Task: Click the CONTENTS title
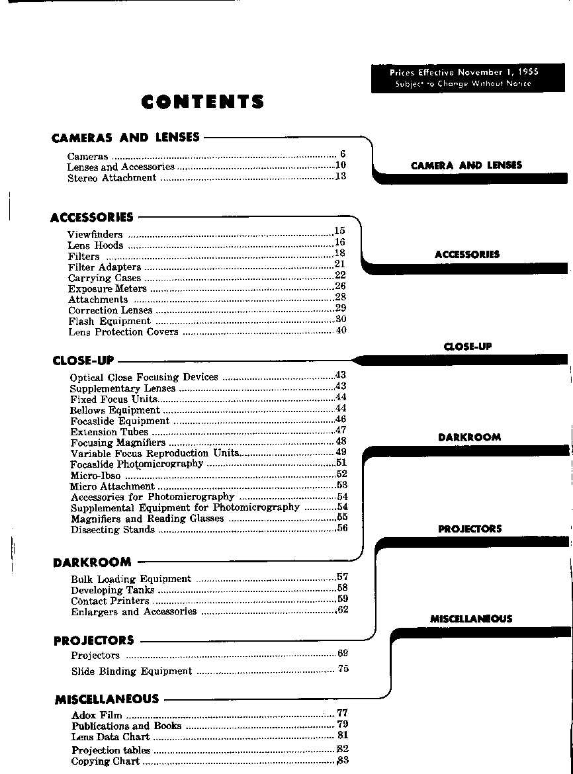(x=202, y=102)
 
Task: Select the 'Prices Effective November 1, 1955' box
(x=463, y=78)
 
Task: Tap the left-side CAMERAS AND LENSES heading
(x=125, y=138)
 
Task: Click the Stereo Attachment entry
(x=112, y=178)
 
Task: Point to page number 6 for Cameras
(x=343, y=154)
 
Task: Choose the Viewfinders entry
(x=95, y=234)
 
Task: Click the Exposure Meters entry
(x=107, y=288)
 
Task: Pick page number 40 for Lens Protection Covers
(x=341, y=330)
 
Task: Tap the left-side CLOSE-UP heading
(x=83, y=361)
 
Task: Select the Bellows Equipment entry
(x=114, y=410)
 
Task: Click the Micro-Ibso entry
(x=95, y=475)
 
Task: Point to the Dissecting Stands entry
(x=112, y=529)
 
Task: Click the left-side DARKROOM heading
(x=92, y=562)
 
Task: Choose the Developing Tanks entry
(x=112, y=589)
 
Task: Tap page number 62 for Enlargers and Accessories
(x=342, y=610)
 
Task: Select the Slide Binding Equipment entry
(x=131, y=671)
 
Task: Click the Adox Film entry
(x=96, y=714)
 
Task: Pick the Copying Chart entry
(x=105, y=761)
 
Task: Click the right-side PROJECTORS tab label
(x=470, y=529)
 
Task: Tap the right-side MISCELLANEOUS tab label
(x=470, y=619)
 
